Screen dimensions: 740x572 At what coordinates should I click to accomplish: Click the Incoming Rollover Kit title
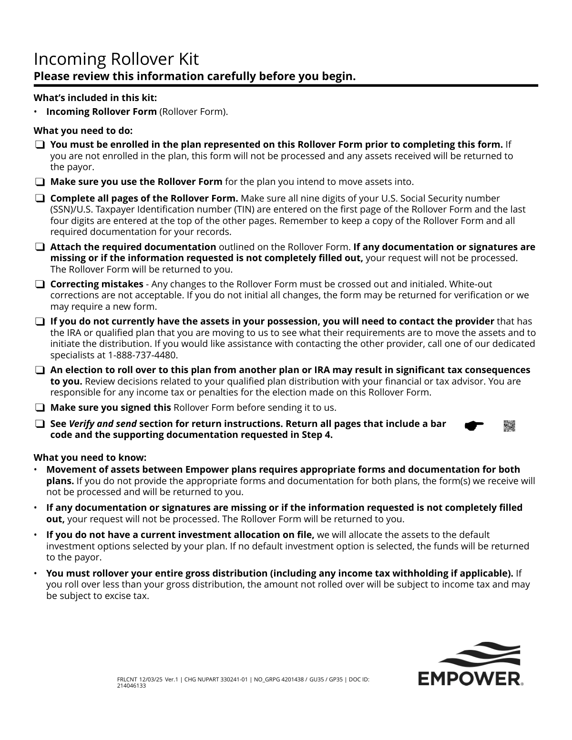point(116,59)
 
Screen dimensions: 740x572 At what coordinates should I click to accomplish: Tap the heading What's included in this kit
point(95,98)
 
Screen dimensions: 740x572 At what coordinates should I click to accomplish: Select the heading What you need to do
point(83,131)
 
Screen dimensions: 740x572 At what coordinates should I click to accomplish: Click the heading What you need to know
point(90,457)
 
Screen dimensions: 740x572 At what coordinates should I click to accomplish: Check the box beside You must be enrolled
point(40,144)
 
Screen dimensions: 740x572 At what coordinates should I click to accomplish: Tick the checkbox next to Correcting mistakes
point(40,284)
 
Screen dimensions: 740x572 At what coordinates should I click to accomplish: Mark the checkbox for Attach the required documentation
point(40,247)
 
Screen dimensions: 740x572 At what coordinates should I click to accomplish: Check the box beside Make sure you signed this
point(40,408)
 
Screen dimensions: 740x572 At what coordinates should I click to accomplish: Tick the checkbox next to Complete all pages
point(40,198)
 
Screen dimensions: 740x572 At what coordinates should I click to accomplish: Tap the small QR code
point(509,426)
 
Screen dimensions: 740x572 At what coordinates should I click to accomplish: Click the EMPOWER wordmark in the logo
point(469,679)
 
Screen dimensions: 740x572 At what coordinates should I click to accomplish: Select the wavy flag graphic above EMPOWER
point(480,656)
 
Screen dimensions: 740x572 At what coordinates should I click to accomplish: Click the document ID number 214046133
point(131,686)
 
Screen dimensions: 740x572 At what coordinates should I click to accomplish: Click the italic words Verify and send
point(103,424)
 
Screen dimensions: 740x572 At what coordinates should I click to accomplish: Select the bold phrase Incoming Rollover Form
point(101,112)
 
